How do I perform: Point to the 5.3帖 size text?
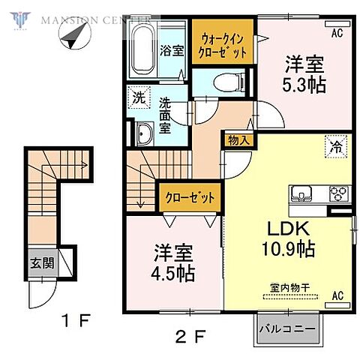tap(305, 85)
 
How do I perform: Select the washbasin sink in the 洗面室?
tap(145, 134)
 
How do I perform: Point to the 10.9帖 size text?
tap(288, 250)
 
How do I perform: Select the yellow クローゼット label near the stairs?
tap(190, 198)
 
